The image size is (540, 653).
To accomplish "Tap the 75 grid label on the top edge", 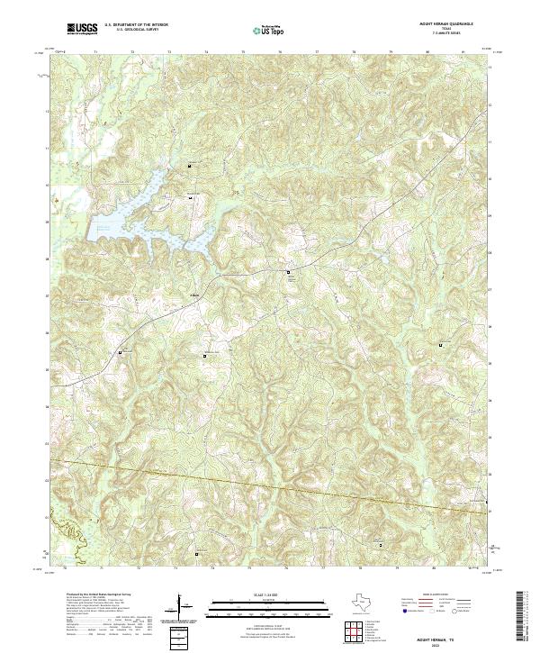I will pos(244,52).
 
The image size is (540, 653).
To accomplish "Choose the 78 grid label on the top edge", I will pos(355,52).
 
